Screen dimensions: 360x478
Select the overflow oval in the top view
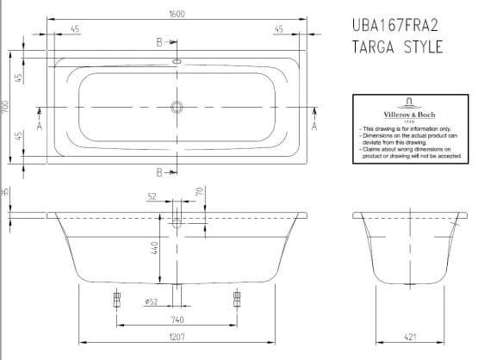tap(177, 62)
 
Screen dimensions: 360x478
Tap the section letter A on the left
tap(39, 127)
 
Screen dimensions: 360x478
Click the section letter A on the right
tap(315, 127)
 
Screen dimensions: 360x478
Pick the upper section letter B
tap(160, 41)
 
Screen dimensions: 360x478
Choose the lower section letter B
tap(160, 173)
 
